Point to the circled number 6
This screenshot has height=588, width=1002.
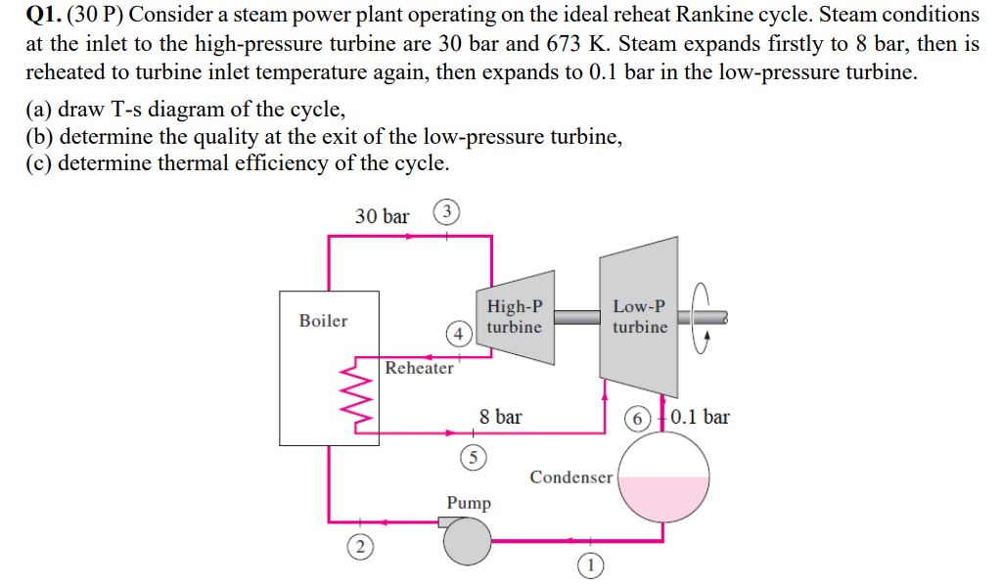pyautogui.click(x=638, y=418)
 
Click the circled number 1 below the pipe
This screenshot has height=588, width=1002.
pyautogui.click(x=590, y=565)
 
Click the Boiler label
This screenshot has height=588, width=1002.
pyautogui.click(x=323, y=321)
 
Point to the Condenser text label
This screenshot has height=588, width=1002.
pyautogui.click(x=571, y=477)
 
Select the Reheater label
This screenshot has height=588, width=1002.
pyautogui.click(x=419, y=368)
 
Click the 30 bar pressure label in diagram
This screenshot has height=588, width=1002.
pyautogui.click(x=382, y=216)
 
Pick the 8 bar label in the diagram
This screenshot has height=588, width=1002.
pyautogui.click(x=500, y=417)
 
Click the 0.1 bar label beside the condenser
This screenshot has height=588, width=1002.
pyautogui.click(x=700, y=417)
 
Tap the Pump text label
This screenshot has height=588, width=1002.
pyautogui.click(x=469, y=503)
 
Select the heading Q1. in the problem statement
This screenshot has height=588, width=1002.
pyautogui.click(x=43, y=16)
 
